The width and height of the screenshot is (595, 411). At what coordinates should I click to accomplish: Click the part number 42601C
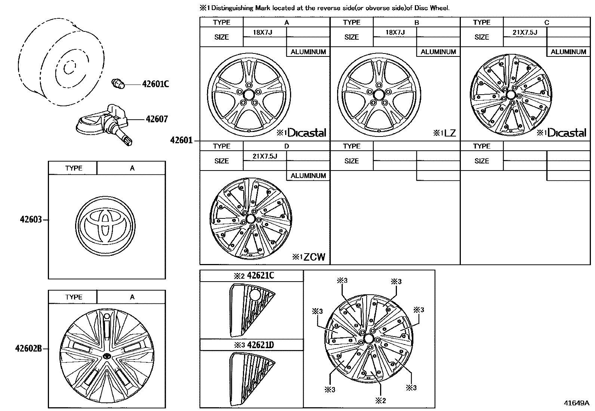[155, 84]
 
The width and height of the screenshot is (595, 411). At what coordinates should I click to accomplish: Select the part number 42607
[157, 119]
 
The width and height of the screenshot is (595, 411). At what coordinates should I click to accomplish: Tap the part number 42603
[31, 220]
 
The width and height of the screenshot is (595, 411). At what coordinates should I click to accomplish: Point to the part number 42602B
[28, 349]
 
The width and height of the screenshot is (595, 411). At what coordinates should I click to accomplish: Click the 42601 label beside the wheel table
[181, 140]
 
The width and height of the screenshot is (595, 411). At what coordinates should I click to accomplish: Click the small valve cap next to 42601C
[118, 84]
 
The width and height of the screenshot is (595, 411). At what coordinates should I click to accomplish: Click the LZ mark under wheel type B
[450, 133]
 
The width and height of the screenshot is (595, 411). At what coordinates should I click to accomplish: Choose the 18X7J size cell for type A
[262, 32]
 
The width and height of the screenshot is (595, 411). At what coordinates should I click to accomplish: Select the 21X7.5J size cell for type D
[265, 156]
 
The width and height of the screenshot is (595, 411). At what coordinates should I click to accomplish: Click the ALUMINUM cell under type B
[438, 52]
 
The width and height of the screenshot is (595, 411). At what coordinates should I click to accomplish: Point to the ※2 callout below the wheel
[380, 401]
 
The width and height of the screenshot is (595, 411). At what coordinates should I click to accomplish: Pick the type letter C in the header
[546, 22]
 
